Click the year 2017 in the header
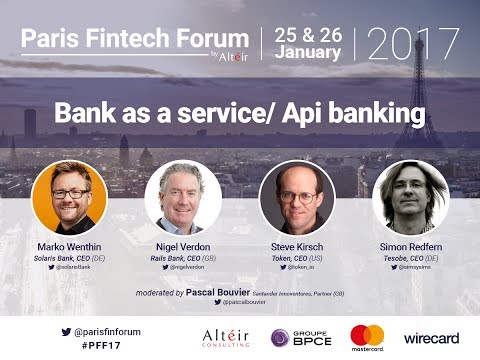click(414, 43)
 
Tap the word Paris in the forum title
click(49, 39)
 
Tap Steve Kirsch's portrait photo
click(297, 196)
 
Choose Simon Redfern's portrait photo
click(410, 196)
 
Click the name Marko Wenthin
click(69, 246)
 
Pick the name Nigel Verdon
click(182, 246)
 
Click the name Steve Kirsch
click(297, 246)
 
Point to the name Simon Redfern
click(411, 246)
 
